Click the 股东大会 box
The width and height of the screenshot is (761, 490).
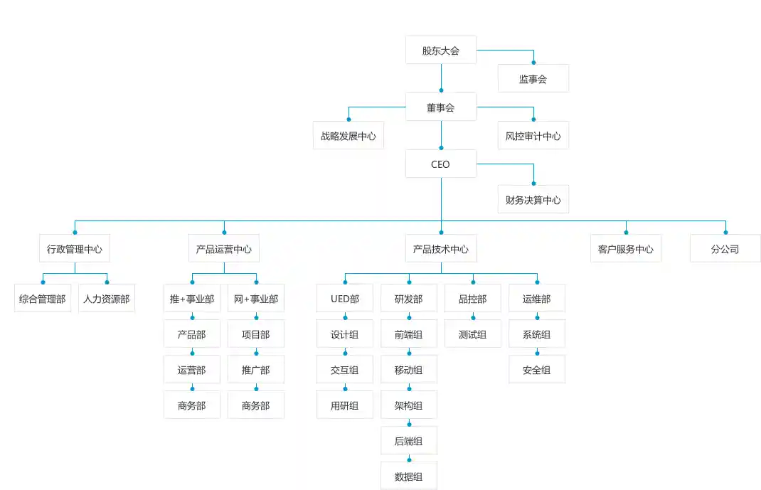pyautogui.click(x=441, y=50)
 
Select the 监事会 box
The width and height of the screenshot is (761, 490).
pyautogui.click(x=533, y=79)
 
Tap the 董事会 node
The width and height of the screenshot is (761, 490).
pyautogui.click(x=441, y=107)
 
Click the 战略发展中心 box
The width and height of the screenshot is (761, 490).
pyautogui.click(x=348, y=136)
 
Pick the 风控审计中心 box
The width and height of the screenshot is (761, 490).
pyautogui.click(x=533, y=136)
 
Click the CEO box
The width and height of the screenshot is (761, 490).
pyautogui.click(x=441, y=164)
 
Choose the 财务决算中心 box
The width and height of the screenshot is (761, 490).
pyautogui.click(x=533, y=200)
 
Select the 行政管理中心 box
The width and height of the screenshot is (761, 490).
pyautogui.click(x=75, y=249)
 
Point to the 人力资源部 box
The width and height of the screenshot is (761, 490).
pyautogui.click(x=107, y=299)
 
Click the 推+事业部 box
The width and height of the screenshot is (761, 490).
pyautogui.click(x=192, y=299)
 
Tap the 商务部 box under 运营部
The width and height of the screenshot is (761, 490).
pyautogui.click(x=192, y=405)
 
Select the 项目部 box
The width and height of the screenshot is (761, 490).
pyautogui.click(x=256, y=334)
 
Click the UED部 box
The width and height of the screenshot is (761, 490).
pyautogui.click(x=345, y=299)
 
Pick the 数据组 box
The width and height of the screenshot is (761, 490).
pyautogui.click(x=409, y=476)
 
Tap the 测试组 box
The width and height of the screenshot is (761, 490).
pyautogui.click(x=473, y=334)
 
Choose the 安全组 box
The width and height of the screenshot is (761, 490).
pyautogui.click(x=537, y=370)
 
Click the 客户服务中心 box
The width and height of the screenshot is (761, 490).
pyautogui.click(x=626, y=249)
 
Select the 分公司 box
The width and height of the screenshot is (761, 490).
pyautogui.click(x=725, y=249)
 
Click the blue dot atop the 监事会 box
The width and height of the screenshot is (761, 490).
pyautogui.click(x=533, y=63)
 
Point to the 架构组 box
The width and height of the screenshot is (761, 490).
pyautogui.click(x=409, y=405)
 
